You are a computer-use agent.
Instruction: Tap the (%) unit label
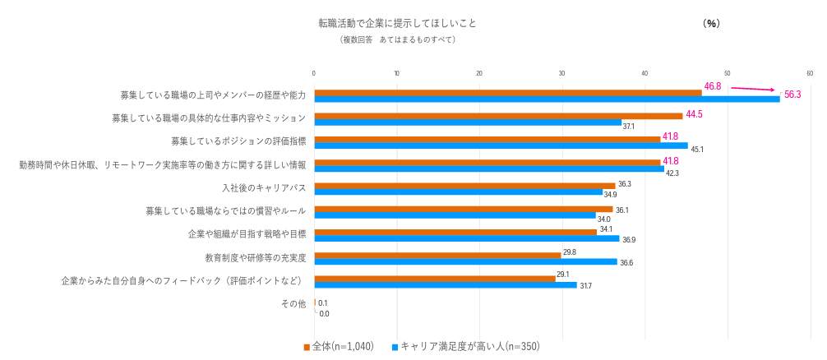coord(711,24)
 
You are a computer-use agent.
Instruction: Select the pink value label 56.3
coord(792,95)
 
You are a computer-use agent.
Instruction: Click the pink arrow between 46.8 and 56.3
coord(753,89)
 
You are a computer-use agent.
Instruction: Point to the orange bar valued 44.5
coord(498,116)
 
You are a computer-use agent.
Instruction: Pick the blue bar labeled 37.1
coord(467,122)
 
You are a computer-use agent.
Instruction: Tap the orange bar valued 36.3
coord(464,186)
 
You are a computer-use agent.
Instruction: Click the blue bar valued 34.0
coord(455,215)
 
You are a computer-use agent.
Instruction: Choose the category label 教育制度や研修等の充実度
coord(256,257)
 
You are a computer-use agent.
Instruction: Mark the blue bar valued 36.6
coord(465,261)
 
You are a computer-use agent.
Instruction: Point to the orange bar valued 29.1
coord(434,279)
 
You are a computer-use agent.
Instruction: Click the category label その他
coord(293,304)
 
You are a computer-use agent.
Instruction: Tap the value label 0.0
coord(324,314)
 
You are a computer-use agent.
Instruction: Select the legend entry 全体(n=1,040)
coord(339,347)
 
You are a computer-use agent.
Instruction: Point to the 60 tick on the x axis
coord(810,74)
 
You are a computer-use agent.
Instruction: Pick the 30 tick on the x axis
coord(562,74)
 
